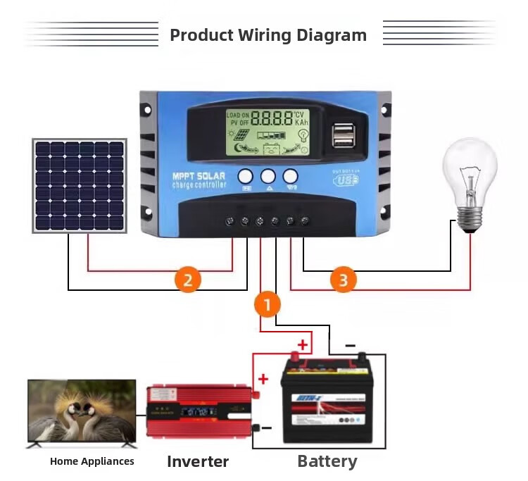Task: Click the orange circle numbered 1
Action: click(267, 305)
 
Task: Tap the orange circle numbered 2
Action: click(188, 280)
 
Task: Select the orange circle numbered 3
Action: click(343, 280)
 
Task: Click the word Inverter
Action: click(198, 462)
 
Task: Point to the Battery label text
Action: click(327, 462)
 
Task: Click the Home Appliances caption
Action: click(92, 462)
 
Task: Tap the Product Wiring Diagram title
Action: click(268, 35)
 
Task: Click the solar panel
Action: click(80, 186)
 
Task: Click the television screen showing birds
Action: click(81, 411)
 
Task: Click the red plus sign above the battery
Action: click(303, 344)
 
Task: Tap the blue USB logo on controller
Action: click(345, 180)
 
